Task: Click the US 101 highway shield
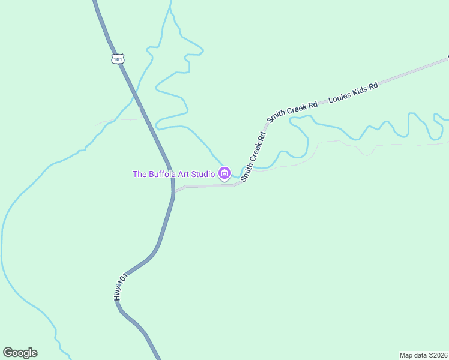pos(118,58)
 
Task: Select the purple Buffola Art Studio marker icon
pos(224,174)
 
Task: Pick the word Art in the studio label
pos(186,175)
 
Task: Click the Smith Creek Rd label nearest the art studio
pos(253,157)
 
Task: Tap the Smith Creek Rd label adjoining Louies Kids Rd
pos(292,112)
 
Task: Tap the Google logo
pos(20,353)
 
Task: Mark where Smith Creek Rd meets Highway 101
pos(173,191)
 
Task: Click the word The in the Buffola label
pos(139,175)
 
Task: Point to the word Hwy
pos(118,293)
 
